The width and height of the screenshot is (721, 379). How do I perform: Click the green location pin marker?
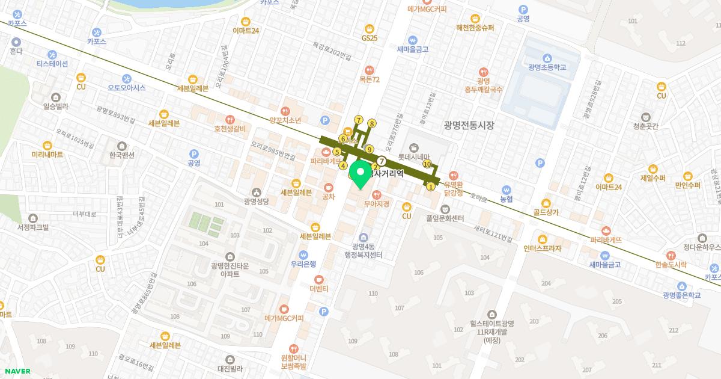[x=359, y=175]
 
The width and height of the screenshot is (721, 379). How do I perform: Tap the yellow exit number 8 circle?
[x=372, y=124]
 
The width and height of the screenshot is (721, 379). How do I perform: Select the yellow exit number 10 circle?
[x=427, y=164]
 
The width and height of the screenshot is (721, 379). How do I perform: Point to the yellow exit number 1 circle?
[x=430, y=186]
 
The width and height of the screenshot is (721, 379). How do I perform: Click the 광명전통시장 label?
[x=469, y=125]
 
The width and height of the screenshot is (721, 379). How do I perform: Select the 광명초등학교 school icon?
[x=547, y=58]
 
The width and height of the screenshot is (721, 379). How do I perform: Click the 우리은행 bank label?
[x=303, y=263]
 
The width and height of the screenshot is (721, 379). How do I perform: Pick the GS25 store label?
[x=370, y=38]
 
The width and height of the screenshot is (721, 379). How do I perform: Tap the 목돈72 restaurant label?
[x=370, y=79]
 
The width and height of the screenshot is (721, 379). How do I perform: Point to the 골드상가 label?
[x=546, y=213]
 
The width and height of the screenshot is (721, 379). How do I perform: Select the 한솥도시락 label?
[x=671, y=264]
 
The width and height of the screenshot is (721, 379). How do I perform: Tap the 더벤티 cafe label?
[x=318, y=289]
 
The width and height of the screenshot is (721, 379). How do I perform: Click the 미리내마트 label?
[x=47, y=155]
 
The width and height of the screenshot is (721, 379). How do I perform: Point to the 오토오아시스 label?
[x=126, y=88]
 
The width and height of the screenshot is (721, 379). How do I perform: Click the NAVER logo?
[x=17, y=371]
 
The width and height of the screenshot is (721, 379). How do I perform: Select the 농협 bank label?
[x=507, y=199]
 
